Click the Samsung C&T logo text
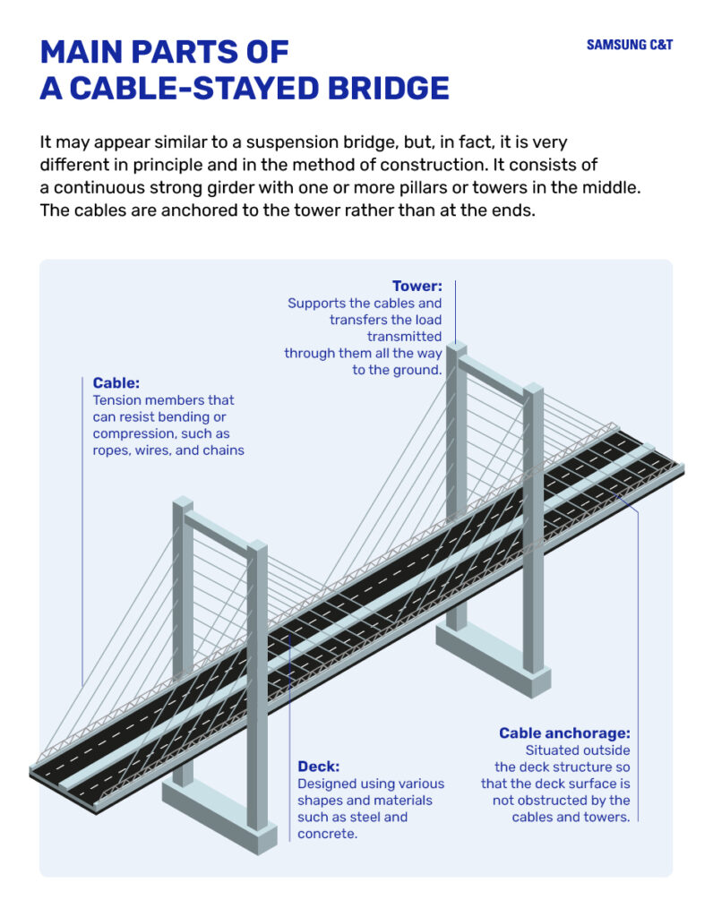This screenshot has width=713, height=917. click(x=629, y=45)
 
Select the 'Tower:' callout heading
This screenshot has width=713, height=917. click(x=417, y=287)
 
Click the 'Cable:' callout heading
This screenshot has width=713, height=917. click(x=116, y=383)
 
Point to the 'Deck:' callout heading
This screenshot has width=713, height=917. click(x=318, y=767)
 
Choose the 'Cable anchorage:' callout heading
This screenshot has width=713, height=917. click(x=564, y=733)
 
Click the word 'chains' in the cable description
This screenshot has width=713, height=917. click(x=222, y=450)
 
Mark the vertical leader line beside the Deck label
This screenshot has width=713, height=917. click(x=290, y=716)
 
